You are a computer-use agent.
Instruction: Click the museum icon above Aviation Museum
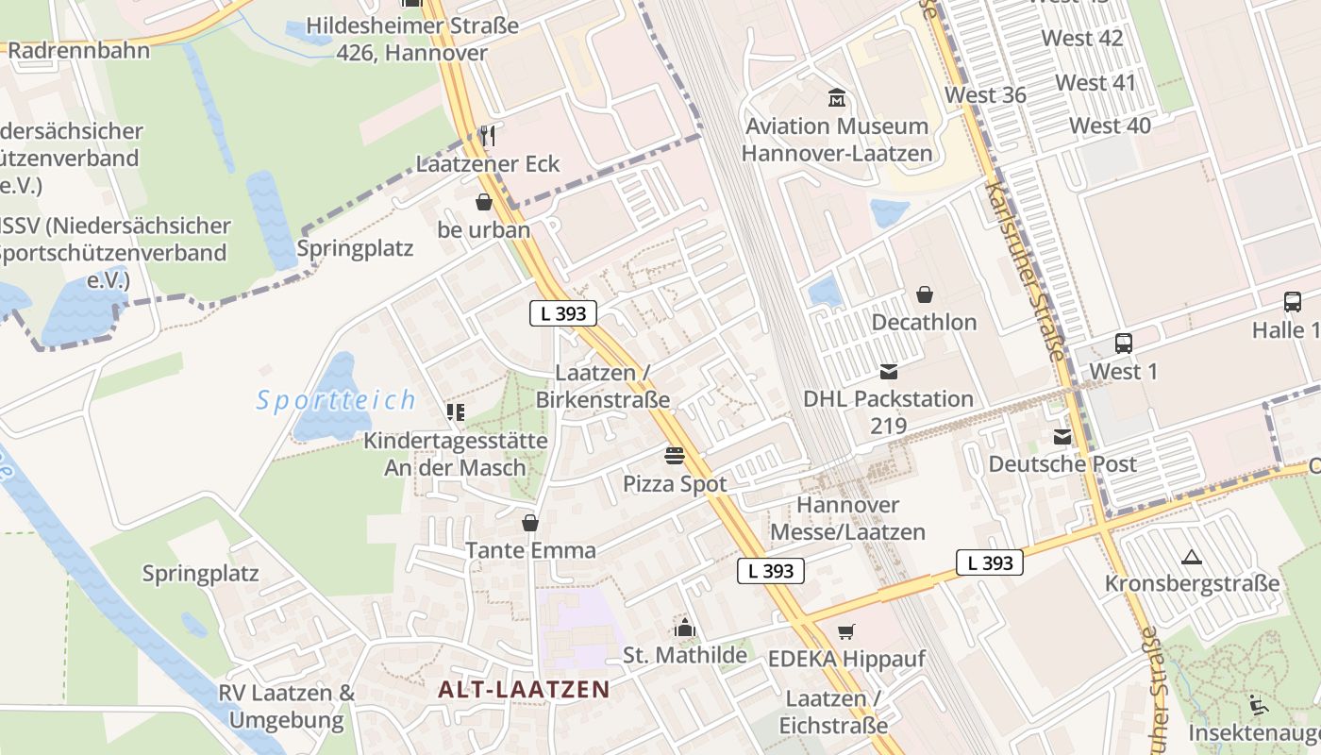[836, 97]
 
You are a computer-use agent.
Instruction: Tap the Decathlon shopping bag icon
[924, 294]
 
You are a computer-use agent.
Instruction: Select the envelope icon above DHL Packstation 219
[888, 371]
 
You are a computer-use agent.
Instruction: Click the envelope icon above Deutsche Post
[1063, 436]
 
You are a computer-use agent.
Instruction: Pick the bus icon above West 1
[1123, 344]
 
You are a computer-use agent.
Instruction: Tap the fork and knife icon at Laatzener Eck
[487, 136]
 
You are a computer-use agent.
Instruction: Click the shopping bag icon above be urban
[484, 202]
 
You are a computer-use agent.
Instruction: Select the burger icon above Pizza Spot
[675, 457]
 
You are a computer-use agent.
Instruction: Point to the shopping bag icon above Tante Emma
[530, 523]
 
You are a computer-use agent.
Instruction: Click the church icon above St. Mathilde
[685, 628]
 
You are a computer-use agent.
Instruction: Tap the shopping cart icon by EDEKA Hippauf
[846, 631]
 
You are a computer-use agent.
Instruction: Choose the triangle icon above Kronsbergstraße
[1192, 557]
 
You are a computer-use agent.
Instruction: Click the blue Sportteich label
[336, 400]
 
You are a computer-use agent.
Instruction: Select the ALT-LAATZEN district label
[524, 689]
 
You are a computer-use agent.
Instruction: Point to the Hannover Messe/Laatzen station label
[847, 518]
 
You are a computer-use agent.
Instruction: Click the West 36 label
[985, 95]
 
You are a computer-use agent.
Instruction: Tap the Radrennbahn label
[79, 50]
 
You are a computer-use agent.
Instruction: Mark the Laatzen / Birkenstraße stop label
[602, 386]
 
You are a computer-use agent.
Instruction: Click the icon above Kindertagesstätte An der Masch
[456, 412]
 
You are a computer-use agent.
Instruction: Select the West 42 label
[1082, 39]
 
